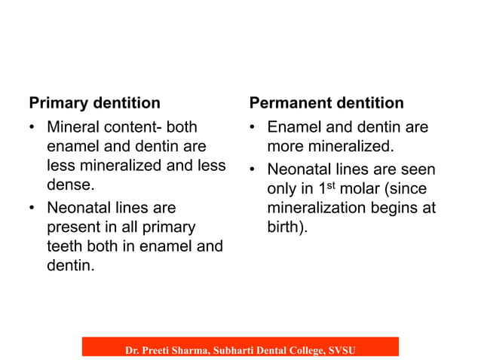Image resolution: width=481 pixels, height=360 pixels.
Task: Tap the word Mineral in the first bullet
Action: (73, 127)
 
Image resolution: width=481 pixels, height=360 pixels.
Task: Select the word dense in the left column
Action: (67, 183)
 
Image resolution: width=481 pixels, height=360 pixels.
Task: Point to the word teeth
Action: (66, 246)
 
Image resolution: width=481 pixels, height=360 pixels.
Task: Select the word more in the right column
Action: (286, 146)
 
